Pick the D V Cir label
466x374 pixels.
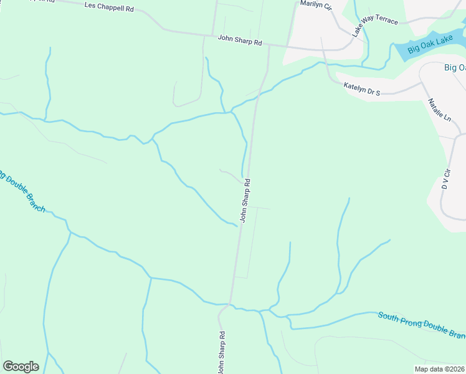point(445,178)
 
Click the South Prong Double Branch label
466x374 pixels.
point(421,325)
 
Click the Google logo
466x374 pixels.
point(21,367)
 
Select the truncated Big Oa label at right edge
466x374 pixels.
point(454,67)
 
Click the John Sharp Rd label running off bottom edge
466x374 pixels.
point(221,352)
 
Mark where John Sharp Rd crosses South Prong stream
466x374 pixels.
point(230,305)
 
